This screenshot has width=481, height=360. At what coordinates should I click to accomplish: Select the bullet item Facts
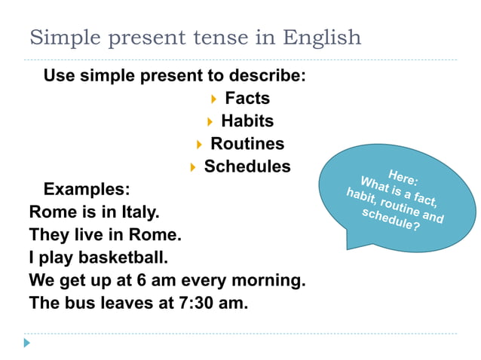247,98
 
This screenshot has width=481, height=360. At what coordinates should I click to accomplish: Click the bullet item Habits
247,121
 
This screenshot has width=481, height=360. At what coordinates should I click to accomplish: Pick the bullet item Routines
247,143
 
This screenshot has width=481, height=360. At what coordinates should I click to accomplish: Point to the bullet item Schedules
247,166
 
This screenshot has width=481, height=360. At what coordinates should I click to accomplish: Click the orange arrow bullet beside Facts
214,99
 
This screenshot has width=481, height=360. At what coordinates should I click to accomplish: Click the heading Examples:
87,188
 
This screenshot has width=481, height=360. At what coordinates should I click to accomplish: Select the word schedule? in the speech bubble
391,219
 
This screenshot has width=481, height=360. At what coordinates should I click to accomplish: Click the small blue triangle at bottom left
27,343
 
